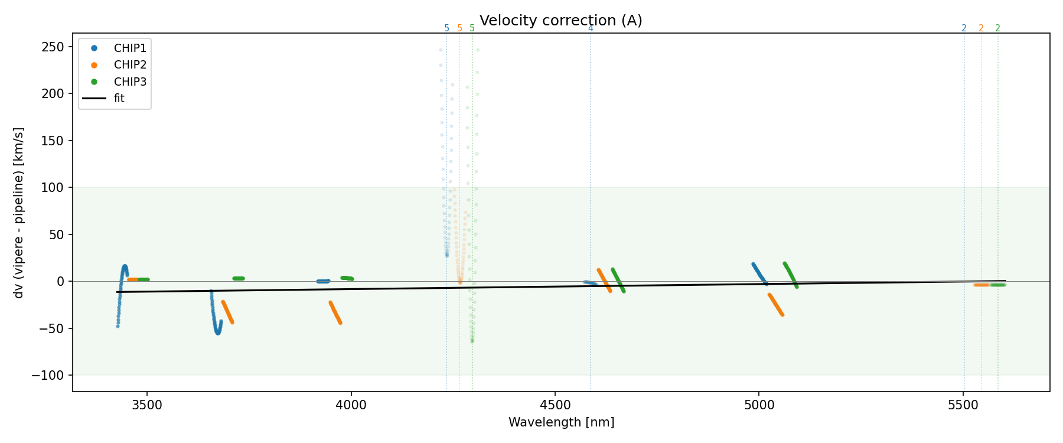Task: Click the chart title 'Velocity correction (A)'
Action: tap(560, 21)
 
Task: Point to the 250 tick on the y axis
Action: tap(53, 47)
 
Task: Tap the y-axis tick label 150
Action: tap(53, 141)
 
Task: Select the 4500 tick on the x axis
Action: tap(555, 406)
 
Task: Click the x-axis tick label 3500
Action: tap(147, 406)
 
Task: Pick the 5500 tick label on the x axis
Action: tap(963, 406)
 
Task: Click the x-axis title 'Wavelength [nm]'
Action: tap(561, 423)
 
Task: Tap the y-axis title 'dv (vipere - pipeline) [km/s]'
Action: tap(19, 213)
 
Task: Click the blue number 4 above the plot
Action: tap(591, 28)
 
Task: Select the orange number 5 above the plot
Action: tap(459, 28)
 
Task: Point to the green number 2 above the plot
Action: tap(998, 28)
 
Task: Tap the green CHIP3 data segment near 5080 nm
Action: tap(791, 275)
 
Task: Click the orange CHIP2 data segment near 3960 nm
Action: tap(335, 313)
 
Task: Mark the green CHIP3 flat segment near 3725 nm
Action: tap(238, 278)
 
